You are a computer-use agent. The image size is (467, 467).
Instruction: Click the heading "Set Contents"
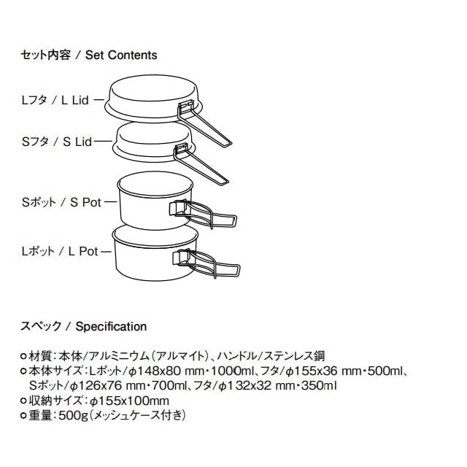click(121, 55)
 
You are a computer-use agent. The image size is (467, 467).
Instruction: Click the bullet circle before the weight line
click(24, 416)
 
